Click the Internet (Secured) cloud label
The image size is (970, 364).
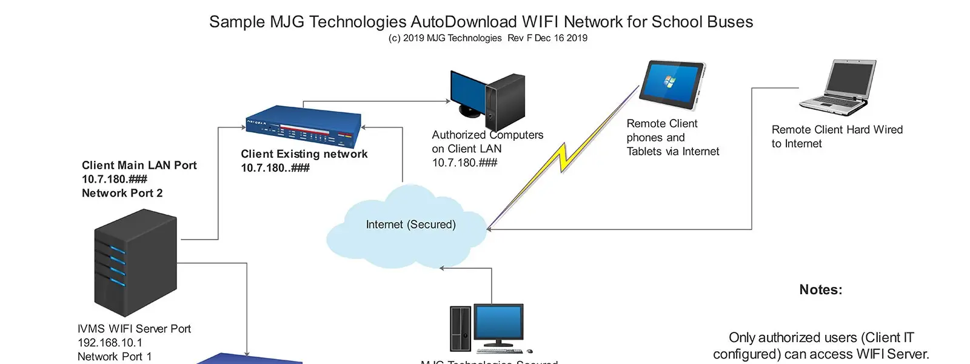[410, 224]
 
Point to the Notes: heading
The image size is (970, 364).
[820, 290]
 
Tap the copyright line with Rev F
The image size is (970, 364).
[487, 38]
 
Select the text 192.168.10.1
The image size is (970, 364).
[110, 343]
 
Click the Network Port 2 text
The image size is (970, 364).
[122, 193]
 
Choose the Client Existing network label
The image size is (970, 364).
[304, 154]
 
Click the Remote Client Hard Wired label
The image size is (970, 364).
[837, 130]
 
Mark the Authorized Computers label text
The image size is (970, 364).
[487, 135]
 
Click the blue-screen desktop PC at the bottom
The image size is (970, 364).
[486, 328]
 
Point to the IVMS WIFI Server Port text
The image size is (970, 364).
[134, 329]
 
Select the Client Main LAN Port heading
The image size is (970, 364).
[139, 165]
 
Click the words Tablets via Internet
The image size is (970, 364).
[673, 152]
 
